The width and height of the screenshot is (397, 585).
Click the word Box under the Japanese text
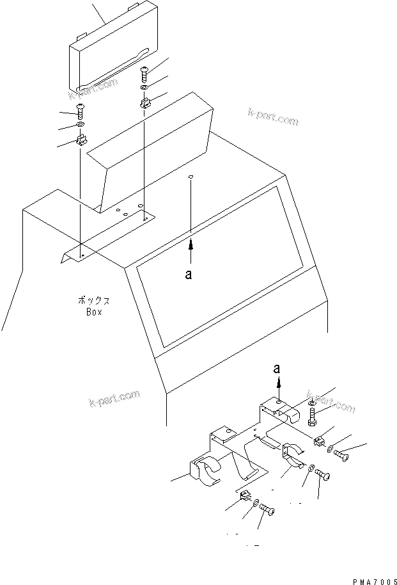[93, 312]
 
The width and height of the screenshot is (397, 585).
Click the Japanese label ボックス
[93, 300]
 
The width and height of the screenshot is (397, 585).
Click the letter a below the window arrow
[188, 274]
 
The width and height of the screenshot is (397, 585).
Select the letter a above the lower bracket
[277, 368]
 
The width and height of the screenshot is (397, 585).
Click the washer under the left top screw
[81, 124]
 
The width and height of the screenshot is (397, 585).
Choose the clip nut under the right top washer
[144, 101]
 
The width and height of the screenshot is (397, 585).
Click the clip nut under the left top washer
[82, 139]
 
